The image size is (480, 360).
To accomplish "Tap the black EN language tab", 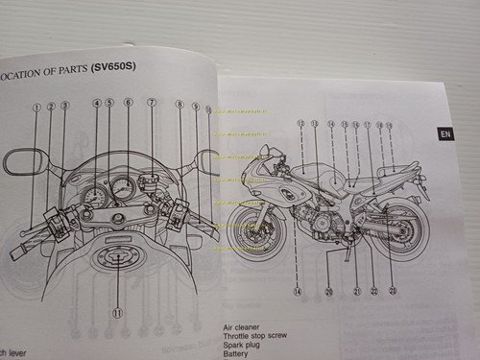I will click(x=445, y=134).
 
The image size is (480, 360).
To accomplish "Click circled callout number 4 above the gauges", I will click(x=97, y=103).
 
